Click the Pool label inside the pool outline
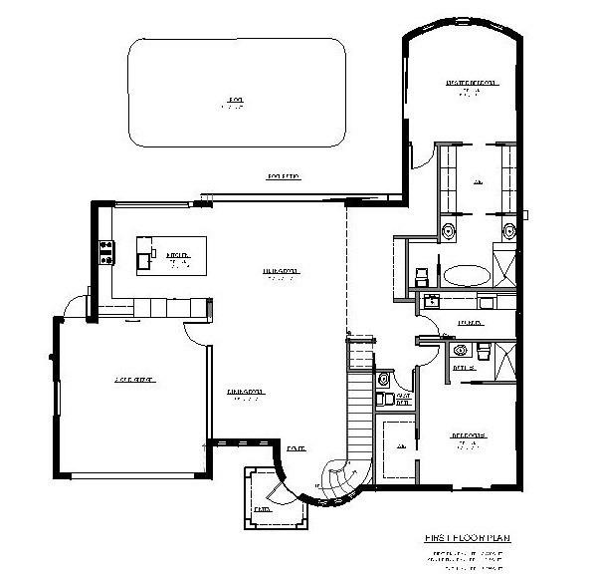click(235, 101)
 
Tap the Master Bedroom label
click(470, 84)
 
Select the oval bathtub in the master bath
click(466, 274)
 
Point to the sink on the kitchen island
click(145, 261)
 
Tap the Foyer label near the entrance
click(296, 448)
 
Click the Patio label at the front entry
click(261, 508)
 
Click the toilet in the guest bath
click(385, 380)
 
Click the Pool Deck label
click(284, 176)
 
